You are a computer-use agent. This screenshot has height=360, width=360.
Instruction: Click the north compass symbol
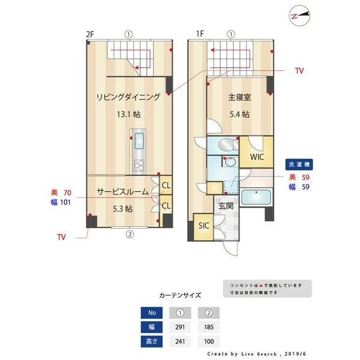pos(298,16)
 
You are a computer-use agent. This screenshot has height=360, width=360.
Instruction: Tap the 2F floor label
pos(90,34)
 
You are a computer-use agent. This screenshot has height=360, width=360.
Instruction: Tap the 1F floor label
pos(200,34)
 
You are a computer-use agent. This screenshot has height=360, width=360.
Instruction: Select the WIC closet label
pos(257,157)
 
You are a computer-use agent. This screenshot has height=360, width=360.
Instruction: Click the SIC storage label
pos(203,226)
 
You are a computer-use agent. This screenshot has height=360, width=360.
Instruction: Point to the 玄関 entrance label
pos(226,205)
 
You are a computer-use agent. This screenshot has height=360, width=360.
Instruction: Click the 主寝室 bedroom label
pos(238,97)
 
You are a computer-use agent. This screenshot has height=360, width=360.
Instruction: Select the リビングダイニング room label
pos(129,97)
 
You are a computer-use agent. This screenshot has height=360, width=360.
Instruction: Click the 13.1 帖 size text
pos(129,114)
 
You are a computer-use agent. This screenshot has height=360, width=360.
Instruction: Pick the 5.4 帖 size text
pos(238,114)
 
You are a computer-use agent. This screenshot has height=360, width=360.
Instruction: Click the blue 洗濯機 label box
pos(300,164)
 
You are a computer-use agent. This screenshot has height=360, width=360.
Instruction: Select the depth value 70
pos(67,193)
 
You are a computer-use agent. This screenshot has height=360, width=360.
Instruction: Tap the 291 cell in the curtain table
pos(180,327)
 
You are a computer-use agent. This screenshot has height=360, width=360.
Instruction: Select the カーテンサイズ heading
pos(180,296)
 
